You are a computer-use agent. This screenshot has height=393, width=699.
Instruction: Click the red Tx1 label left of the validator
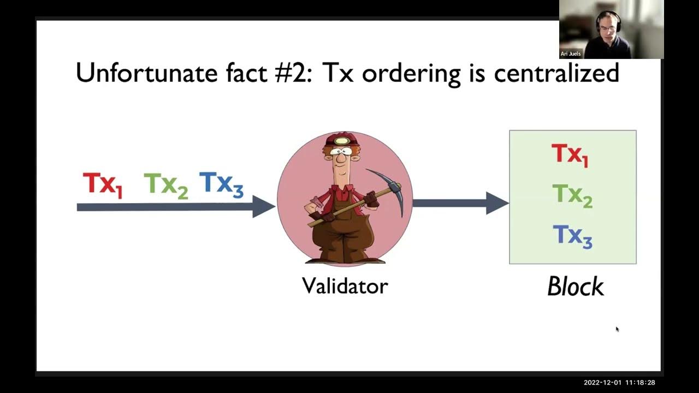click(102, 184)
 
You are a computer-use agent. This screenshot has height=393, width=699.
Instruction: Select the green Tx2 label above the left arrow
click(165, 184)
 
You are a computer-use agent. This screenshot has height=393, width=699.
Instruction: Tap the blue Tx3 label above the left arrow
click(221, 183)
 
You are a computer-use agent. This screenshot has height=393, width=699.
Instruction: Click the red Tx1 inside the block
click(570, 154)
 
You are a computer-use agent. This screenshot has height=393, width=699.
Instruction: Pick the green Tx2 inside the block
click(572, 195)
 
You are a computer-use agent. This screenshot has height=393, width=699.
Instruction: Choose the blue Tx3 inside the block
click(572, 236)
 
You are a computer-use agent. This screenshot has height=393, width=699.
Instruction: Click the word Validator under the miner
click(345, 285)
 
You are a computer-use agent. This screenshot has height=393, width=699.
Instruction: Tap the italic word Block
click(575, 287)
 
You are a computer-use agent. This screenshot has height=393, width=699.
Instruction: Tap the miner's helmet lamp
click(343, 141)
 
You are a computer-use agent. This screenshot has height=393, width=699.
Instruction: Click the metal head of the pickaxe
click(389, 188)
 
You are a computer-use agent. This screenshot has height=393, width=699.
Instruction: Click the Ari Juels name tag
click(571, 54)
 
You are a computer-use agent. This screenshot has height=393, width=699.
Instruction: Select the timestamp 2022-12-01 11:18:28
click(619, 383)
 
